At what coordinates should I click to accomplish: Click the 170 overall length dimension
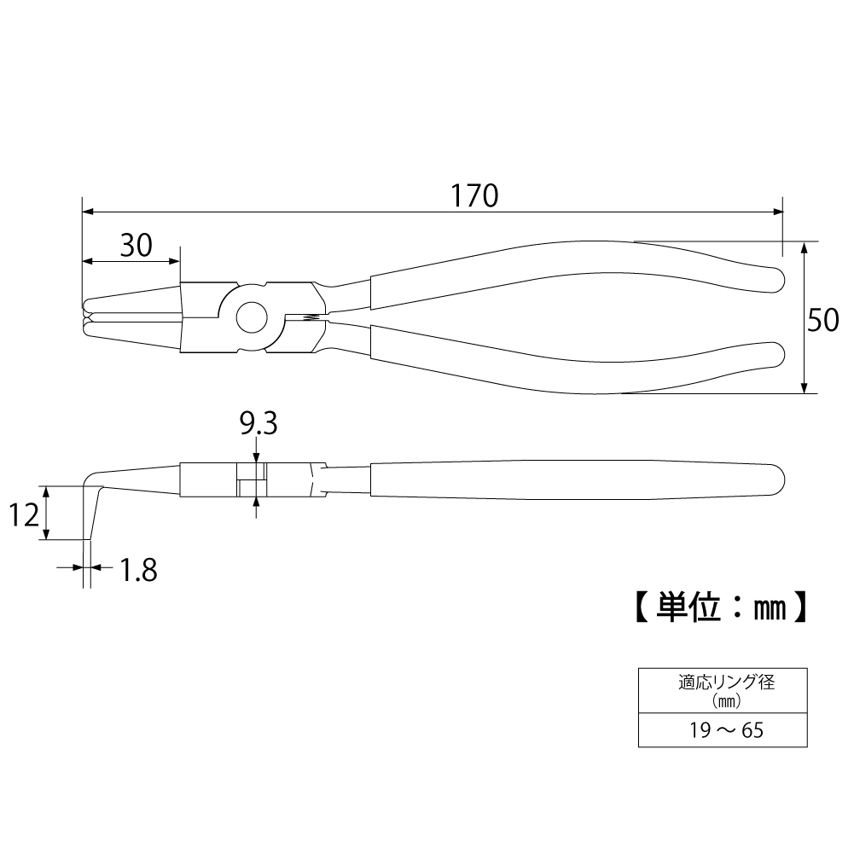click(x=474, y=195)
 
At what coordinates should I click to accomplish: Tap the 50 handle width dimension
click(x=823, y=320)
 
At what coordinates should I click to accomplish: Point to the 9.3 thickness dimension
click(x=259, y=423)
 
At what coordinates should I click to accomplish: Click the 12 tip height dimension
click(x=25, y=514)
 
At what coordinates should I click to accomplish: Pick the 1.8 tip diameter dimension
click(x=138, y=570)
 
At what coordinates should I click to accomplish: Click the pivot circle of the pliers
click(x=252, y=317)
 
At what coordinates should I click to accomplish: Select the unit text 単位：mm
click(x=721, y=607)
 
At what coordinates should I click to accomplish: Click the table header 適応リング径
click(x=727, y=682)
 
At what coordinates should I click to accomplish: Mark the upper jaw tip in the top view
click(x=85, y=305)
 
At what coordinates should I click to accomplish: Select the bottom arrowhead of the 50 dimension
click(x=804, y=386)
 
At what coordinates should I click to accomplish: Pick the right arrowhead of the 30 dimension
click(x=173, y=261)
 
